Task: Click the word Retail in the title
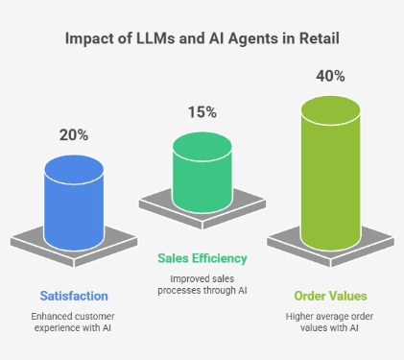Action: point(315,39)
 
